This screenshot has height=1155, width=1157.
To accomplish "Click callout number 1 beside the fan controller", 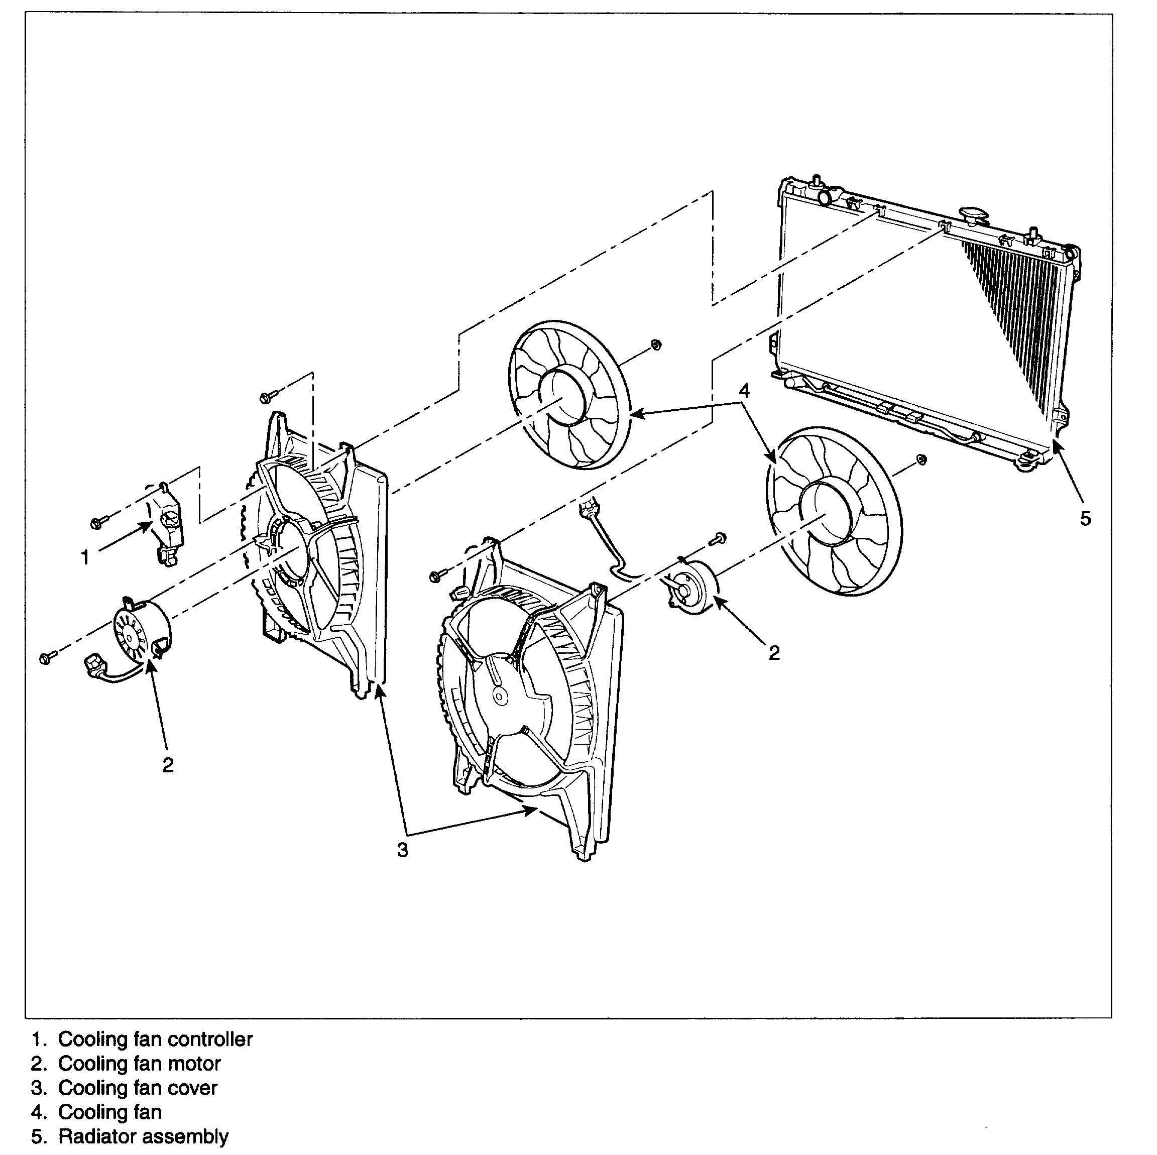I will click(x=85, y=557).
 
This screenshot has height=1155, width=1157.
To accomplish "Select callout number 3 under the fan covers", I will click(x=402, y=849).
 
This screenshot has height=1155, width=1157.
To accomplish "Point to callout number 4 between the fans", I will click(x=744, y=391).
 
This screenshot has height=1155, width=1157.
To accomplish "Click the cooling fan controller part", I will click(x=169, y=521).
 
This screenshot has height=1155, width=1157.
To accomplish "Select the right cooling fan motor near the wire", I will click(x=691, y=589).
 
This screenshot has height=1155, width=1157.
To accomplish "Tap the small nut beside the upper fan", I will click(x=655, y=345).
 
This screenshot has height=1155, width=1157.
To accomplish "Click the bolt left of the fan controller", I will click(x=97, y=523).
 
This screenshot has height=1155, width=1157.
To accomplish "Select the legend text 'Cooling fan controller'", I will click(x=155, y=1039).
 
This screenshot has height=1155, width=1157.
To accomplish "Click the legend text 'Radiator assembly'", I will click(x=143, y=1136).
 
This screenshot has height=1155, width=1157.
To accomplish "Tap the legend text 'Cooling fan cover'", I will click(x=138, y=1088).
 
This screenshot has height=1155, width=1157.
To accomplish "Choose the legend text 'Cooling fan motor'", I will click(x=140, y=1064).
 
